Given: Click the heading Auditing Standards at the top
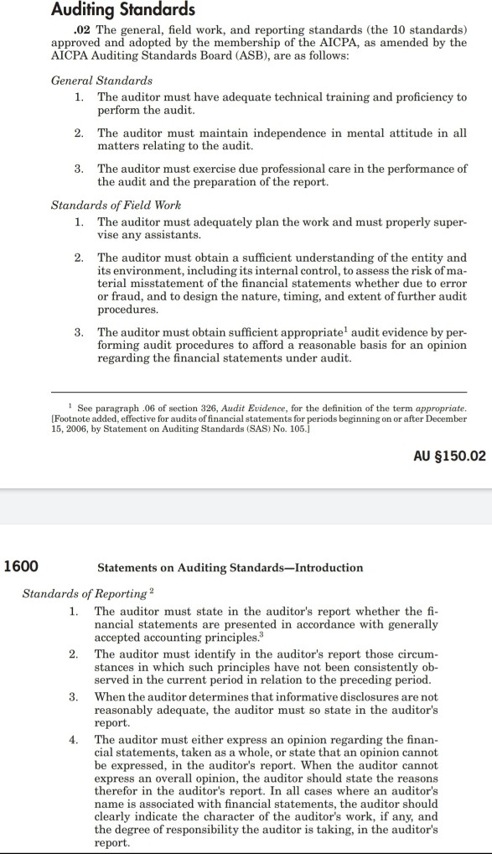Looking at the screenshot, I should pyautogui.click(x=122, y=10).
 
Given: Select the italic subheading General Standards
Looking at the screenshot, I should pyautogui.click(x=101, y=81).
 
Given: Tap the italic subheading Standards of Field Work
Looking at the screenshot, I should pyautogui.click(x=117, y=205).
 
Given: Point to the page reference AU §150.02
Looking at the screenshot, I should pyautogui.click(x=450, y=456).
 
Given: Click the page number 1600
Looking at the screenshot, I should pyautogui.click(x=21, y=566).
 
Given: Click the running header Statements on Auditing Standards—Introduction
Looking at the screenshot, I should pyautogui.click(x=230, y=568).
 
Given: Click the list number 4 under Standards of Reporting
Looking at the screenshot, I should pyautogui.click(x=74, y=739).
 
